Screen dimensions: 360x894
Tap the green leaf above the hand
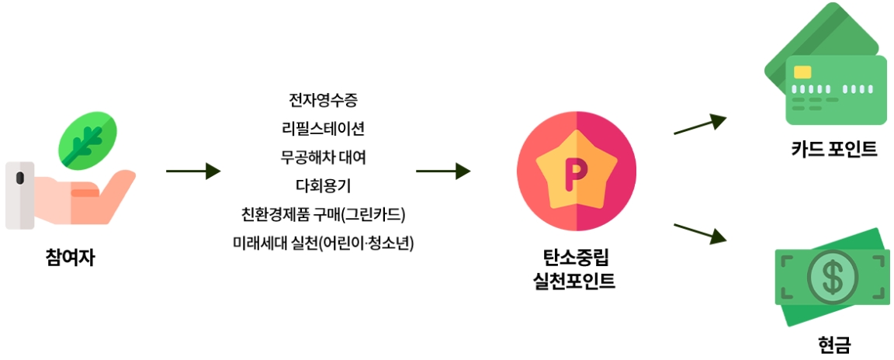88,140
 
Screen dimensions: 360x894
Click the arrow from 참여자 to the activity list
193,171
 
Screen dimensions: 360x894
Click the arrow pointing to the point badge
443,171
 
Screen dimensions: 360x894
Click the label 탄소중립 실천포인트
575,268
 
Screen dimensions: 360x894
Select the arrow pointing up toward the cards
699,126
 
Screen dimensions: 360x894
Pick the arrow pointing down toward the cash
699,233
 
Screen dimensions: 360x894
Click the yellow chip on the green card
802,72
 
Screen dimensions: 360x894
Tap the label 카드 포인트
834,148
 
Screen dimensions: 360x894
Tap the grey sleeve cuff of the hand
19,196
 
